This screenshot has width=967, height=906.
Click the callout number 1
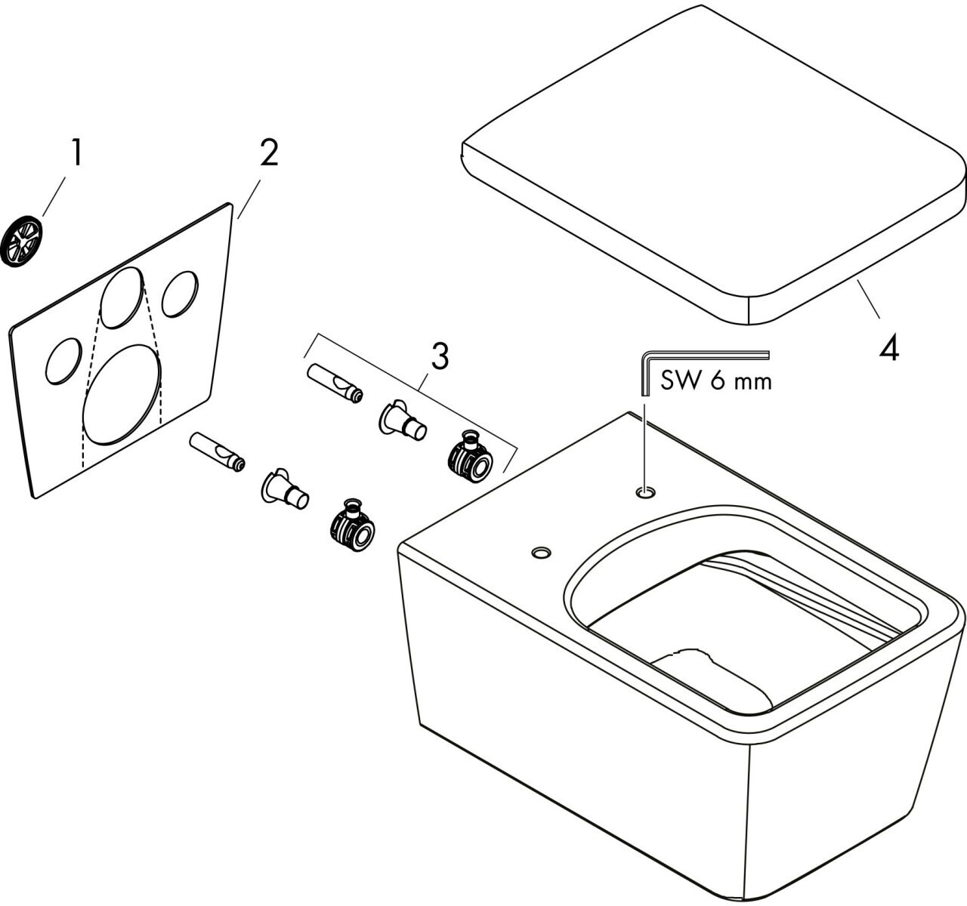click(76, 154)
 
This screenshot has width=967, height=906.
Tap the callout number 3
click(440, 356)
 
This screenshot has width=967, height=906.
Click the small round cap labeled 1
click(22, 239)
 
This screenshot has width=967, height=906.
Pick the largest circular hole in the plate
click(122, 393)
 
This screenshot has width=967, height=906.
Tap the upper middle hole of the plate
click(122, 297)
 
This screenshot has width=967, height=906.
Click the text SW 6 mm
click(716, 381)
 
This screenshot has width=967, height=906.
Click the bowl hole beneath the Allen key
click(645, 492)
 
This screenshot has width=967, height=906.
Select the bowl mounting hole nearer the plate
click(540, 553)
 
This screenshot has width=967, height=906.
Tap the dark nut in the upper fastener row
click(469, 458)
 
